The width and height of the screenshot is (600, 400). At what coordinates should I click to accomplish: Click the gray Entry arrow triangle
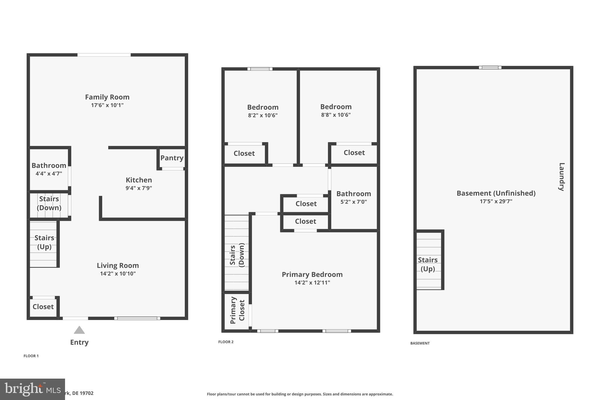pyautogui.click(x=79, y=330)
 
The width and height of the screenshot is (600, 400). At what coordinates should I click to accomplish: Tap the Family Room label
pyautogui.click(x=107, y=97)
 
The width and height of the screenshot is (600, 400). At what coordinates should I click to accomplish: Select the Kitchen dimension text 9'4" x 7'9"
pyautogui.click(x=139, y=188)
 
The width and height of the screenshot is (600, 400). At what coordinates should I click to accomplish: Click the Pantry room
pyautogui.click(x=172, y=158)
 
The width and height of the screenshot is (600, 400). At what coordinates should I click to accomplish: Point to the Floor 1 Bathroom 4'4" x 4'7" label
pyautogui.click(x=49, y=169)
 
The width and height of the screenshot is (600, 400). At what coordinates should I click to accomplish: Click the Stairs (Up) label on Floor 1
pyautogui.click(x=44, y=242)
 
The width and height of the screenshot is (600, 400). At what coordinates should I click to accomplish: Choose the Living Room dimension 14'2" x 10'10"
pyautogui.click(x=118, y=274)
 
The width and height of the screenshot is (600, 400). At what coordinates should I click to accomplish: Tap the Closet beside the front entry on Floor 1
pyautogui.click(x=43, y=307)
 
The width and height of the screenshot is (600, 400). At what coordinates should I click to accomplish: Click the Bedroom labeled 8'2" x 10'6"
pyautogui.click(x=262, y=111)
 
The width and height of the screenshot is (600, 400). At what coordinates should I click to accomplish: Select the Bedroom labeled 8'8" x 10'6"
pyautogui.click(x=336, y=110)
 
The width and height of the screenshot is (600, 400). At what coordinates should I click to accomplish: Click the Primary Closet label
pyautogui.click(x=237, y=310)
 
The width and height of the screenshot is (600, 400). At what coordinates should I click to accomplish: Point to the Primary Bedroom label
pyautogui.click(x=312, y=275)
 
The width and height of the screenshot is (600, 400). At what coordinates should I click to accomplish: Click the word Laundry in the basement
pyautogui.click(x=561, y=177)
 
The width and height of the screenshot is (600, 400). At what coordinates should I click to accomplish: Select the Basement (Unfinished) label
pyautogui.click(x=496, y=193)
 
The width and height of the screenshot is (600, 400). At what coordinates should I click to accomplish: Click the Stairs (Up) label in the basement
pyautogui.click(x=428, y=264)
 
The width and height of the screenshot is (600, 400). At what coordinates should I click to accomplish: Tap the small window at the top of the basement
pyautogui.click(x=490, y=68)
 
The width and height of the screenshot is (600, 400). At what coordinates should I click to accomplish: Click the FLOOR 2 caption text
pyautogui.click(x=226, y=342)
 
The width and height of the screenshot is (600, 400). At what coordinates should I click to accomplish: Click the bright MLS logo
pyautogui.click(x=32, y=389)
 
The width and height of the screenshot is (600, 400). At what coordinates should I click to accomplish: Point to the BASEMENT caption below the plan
pyautogui.click(x=420, y=343)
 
